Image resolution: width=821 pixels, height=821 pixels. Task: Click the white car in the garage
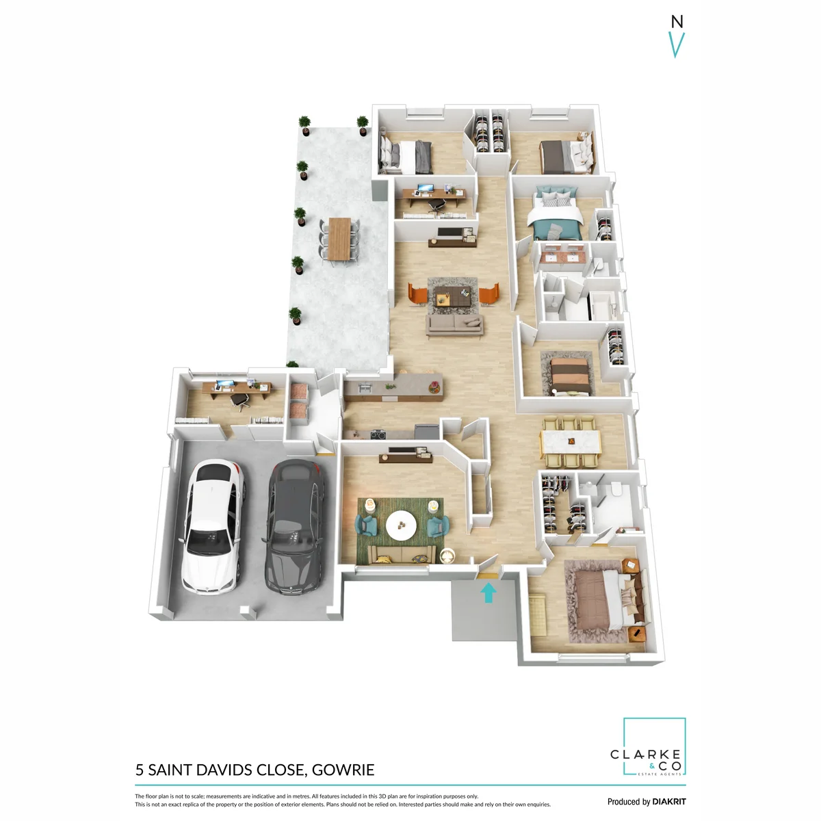pyautogui.click(x=211, y=527)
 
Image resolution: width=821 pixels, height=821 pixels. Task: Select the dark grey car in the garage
pyautogui.click(x=294, y=527)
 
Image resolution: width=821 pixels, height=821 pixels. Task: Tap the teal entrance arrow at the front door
pyautogui.click(x=488, y=592)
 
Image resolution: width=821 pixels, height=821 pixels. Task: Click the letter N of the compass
pyautogui.click(x=677, y=21)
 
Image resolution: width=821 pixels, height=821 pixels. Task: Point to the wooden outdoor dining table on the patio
pyautogui.click(x=339, y=239)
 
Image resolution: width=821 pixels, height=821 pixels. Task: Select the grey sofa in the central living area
pyautogui.click(x=454, y=325)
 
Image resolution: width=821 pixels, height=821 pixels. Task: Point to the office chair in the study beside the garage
pyautogui.click(x=240, y=402)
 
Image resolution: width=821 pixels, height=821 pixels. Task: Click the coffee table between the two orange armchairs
pyautogui.click(x=452, y=296)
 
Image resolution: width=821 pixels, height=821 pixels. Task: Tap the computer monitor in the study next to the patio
pyautogui.click(x=425, y=188)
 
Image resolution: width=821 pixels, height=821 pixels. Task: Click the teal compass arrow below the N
pyautogui.click(x=676, y=44)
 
